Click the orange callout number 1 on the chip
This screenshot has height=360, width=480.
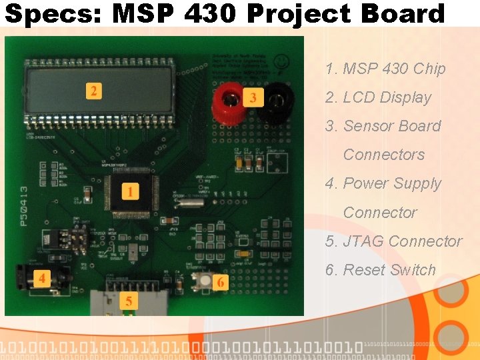(131, 192)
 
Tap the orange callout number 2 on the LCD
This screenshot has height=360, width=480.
(94, 91)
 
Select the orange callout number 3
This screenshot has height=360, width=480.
(253, 99)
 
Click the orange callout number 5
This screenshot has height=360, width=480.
(129, 301)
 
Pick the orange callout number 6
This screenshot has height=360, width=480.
(221, 283)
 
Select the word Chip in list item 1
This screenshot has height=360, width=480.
(429, 69)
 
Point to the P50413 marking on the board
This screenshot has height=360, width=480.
(24, 207)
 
